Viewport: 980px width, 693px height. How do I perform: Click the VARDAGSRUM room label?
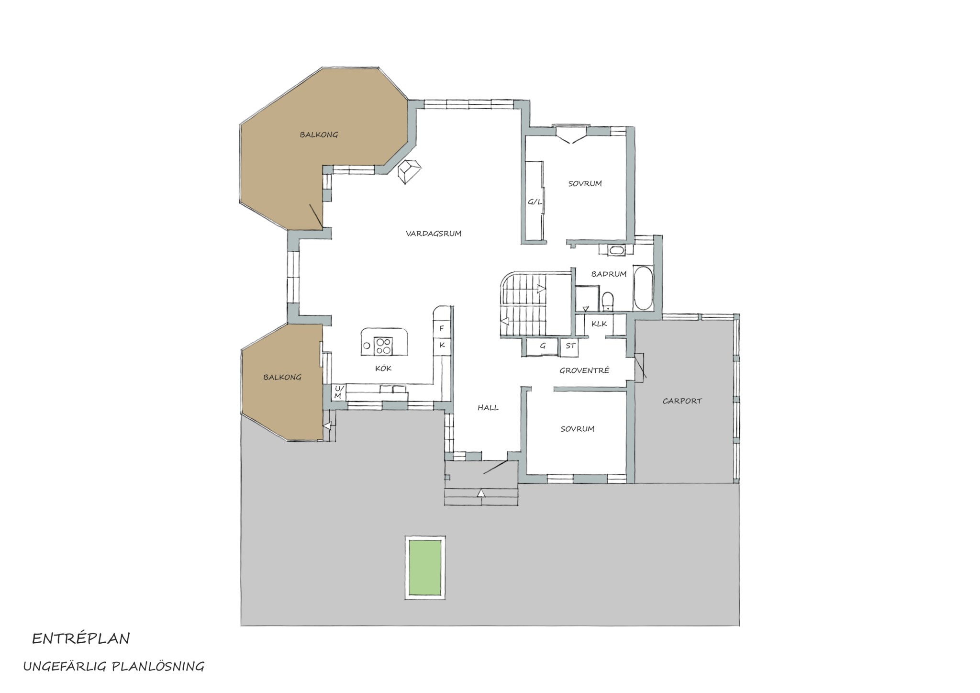(x=434, y=234)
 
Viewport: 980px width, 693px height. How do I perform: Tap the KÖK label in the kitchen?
(x=383, y=368)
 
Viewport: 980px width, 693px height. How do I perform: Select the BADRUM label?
(x=609, y=274)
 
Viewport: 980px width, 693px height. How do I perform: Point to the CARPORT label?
(x=682, y=401)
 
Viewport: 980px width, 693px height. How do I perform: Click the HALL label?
(x=488, y=408)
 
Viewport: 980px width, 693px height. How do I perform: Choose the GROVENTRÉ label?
(x=584, y=370)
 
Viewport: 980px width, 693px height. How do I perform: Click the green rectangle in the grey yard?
(x=425, y=567)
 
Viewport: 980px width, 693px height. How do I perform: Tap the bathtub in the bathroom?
(x=643, y=288)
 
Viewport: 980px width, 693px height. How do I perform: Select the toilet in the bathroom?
(x=608, y=301)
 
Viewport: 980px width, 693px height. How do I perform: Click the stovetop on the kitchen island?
(x=383, y=346)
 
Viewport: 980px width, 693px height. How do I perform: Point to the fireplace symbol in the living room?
(x=410, y=171)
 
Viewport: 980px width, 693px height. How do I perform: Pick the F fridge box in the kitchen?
(x=442, y=328)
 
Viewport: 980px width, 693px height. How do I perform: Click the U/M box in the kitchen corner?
(x=338, y=392)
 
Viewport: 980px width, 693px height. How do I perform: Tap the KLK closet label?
(x=599, y=324)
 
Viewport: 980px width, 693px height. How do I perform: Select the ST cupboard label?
(x=570, y=346)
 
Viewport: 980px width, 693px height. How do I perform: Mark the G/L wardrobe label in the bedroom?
(x=535, y=202)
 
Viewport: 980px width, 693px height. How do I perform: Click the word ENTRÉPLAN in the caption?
(x=81, y=638)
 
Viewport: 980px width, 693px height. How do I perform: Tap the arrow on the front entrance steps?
(x=481, y=493)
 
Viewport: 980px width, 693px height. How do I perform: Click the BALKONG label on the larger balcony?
(x=319, y=135)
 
